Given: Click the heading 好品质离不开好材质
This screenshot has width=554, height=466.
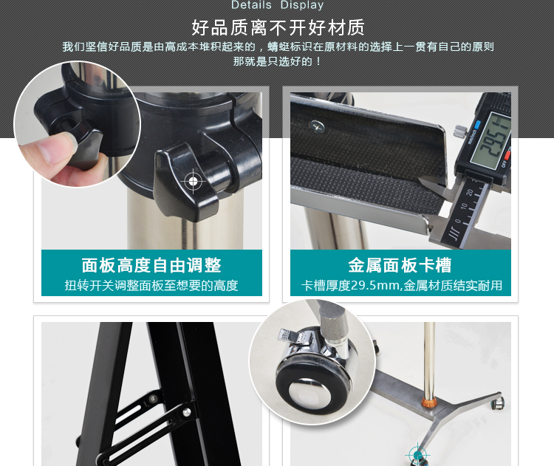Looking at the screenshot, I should [x=278, y=28].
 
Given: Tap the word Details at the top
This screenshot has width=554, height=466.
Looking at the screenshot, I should [x=251, y=5].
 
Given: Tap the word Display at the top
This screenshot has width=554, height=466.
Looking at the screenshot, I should [x=302, y=5].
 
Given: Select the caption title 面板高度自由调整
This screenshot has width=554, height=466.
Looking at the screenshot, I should [x=151, y=266].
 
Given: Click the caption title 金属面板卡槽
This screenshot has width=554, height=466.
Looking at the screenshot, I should [x=400, y=266].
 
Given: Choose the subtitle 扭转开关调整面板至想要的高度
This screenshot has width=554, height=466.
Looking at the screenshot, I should [x=151, y=286].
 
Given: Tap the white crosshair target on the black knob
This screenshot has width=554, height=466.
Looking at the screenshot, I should [x=194, y=181].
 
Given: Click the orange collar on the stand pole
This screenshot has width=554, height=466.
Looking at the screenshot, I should [x=427, y=403].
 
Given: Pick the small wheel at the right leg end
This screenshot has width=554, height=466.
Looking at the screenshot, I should [x=500, y=403].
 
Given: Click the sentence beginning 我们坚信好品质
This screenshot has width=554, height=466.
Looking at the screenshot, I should [x=278, y=47].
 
